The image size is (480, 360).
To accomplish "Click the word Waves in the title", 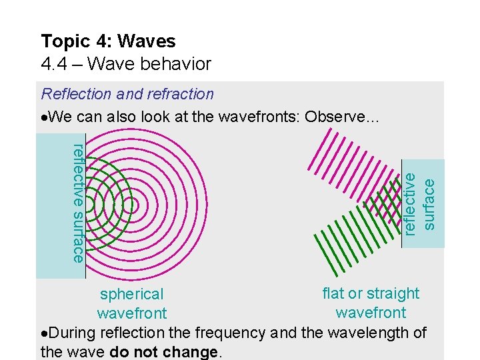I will pos(147,41).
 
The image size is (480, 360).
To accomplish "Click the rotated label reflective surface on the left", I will pos(78,203).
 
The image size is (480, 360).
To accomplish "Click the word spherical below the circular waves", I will pos(131,294).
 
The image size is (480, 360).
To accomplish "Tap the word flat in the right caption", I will pos(333,293).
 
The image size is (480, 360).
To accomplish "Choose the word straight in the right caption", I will pos(393,293).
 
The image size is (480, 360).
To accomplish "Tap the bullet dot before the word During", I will pos(44,333).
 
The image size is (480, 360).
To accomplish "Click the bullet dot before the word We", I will pos(44,117).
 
